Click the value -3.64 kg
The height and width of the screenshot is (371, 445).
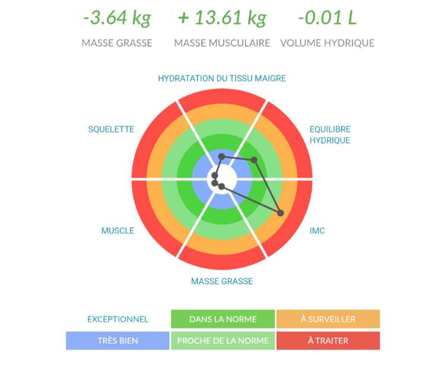(x=117, y=18)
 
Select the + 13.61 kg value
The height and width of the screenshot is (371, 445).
(x=222, y=18)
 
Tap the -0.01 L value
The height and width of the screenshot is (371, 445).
(x=328, y=18)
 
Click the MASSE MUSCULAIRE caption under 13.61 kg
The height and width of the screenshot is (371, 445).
(x=222, y=43)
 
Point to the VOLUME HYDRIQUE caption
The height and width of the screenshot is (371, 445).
(x=327, y=43)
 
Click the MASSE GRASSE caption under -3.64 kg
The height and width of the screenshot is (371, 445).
(x=117, y=43)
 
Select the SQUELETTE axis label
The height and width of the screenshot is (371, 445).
(x=112, y=129)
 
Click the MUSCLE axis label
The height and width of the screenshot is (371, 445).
(x=117, y=231)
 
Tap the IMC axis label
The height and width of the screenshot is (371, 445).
(x=317, y=231)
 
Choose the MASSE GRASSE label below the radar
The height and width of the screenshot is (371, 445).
(x=222, y=281)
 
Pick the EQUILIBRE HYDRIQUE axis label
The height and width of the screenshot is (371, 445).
(x=330, y=135)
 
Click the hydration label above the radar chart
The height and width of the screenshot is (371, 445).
(x=222, y=78)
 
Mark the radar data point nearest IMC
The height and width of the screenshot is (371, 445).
(x=281, y=213)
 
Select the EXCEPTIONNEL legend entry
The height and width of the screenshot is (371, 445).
(x=117, y=319)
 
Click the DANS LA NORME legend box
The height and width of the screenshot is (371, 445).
(x=223, y=319)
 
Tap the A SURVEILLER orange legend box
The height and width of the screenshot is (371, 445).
(x=328, y=319)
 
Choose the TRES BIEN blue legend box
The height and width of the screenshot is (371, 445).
(x=117, y=340)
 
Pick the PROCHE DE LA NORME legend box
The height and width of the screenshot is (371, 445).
(x=223, y=340)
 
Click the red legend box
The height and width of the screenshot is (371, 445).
(x=328, y=340)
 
